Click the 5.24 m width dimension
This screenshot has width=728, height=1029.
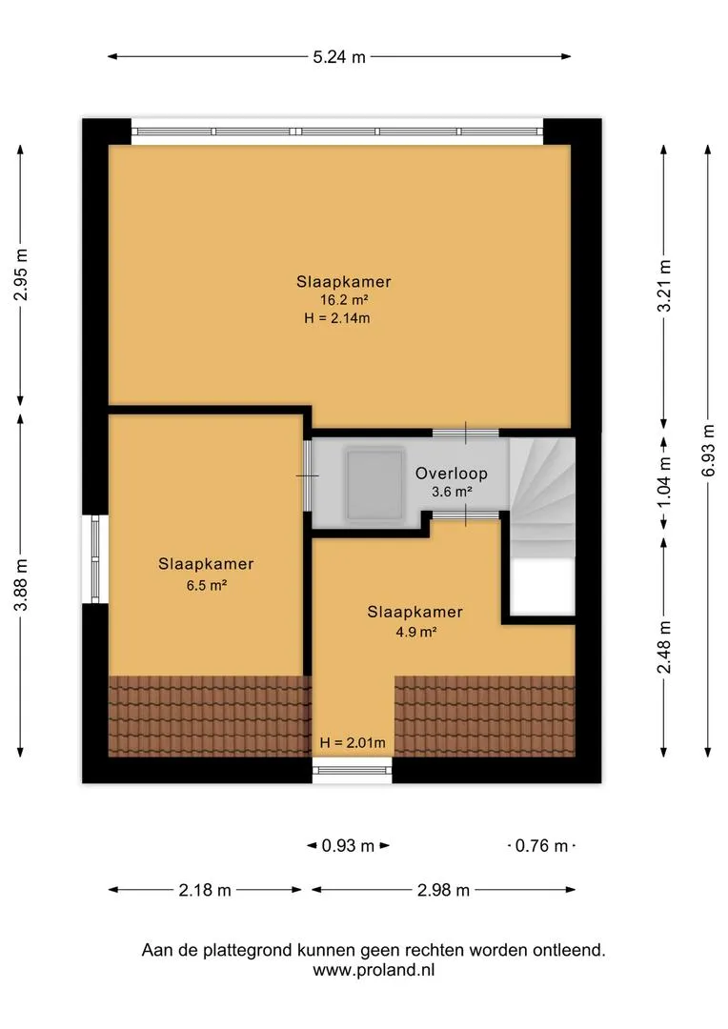tap(338, 57)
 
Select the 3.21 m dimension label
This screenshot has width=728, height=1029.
tap(664, 286)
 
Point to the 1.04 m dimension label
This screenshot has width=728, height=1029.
tap(664, 482)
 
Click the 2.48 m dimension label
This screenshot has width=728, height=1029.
tap(664, 647)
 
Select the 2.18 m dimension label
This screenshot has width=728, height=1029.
tap(205, 890)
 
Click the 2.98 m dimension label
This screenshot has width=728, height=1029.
tap(443, 890)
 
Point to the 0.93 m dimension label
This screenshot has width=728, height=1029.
tap(348, 845)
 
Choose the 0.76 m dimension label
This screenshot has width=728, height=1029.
tap(541, 845)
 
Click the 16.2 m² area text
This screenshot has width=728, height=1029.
tap(343, 300)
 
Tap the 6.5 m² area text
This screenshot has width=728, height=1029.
tap(206, 585)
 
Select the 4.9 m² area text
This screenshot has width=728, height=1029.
tap(415, 632)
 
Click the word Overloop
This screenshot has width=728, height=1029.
tap(451, 474)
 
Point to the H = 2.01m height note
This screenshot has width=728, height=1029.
tap(353, 743)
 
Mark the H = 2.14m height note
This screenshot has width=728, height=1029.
tap(336, 318)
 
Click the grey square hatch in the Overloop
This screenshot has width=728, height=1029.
tap(374, 484)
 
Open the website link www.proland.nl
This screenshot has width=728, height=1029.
tap(374, 970)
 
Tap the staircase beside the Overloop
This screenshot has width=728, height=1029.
tap(542, 498)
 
